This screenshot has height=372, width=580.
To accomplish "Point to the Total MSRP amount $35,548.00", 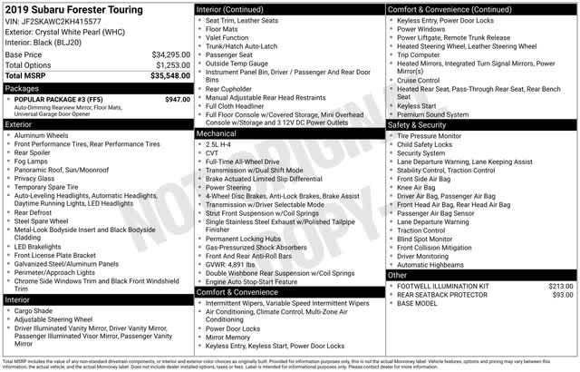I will point(170,77).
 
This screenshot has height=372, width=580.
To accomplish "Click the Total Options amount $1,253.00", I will point(172,66).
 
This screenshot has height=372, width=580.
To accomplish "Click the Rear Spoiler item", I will point(38,153).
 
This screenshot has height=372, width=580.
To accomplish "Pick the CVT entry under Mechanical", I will point(214,153).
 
